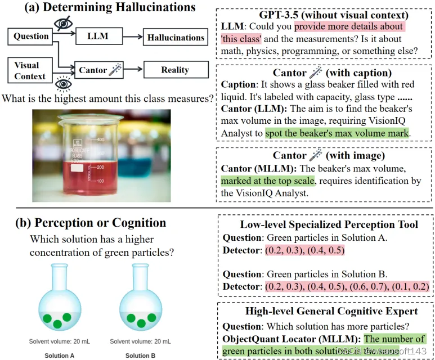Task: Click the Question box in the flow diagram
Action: coord(31,37)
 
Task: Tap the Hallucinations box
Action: coord(175,38)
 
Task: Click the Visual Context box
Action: coord(30,70)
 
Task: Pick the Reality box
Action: coord(174,70)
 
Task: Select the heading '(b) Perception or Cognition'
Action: coord(91,222)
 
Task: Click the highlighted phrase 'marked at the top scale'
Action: coord(267,181)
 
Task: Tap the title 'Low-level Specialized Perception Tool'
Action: coord(329,225)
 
